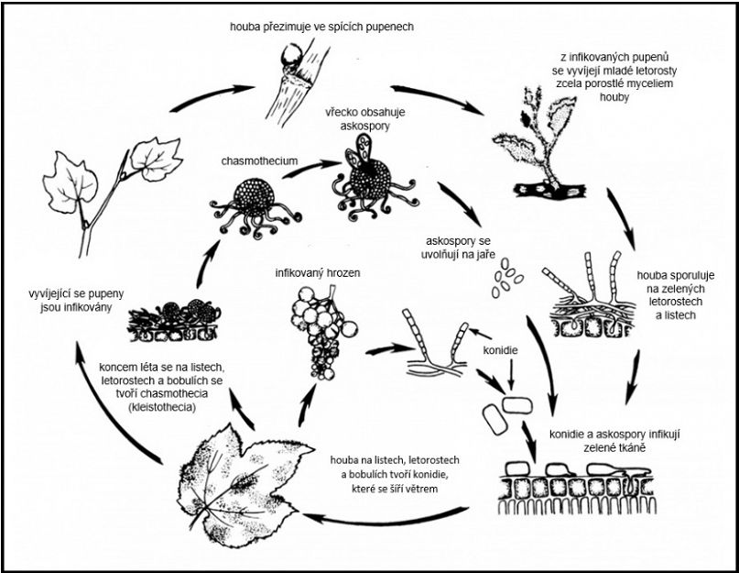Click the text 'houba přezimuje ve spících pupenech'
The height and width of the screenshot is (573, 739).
click(x=321, y=27)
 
